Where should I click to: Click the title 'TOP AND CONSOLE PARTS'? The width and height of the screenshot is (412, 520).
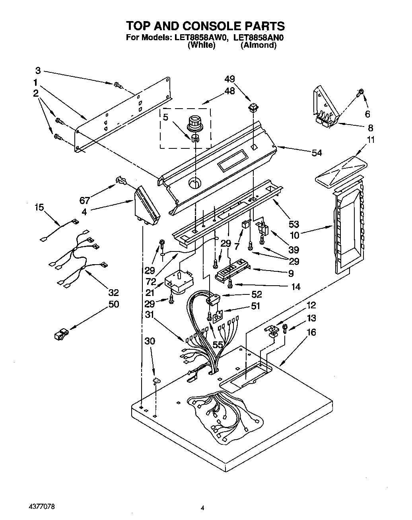click(205, 26)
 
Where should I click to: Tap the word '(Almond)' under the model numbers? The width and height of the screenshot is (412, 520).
click(258, 45)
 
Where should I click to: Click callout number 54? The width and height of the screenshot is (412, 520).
click(317, 153)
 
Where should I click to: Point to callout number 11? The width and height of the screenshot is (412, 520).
click(370, 140)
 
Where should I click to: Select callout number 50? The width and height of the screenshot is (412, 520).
click(113, 304)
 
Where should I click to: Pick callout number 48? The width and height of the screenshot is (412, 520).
click(229, 91)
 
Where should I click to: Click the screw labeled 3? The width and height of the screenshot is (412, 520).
click(117, 84)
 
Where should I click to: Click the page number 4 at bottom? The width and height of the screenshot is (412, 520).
click(203, 508)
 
